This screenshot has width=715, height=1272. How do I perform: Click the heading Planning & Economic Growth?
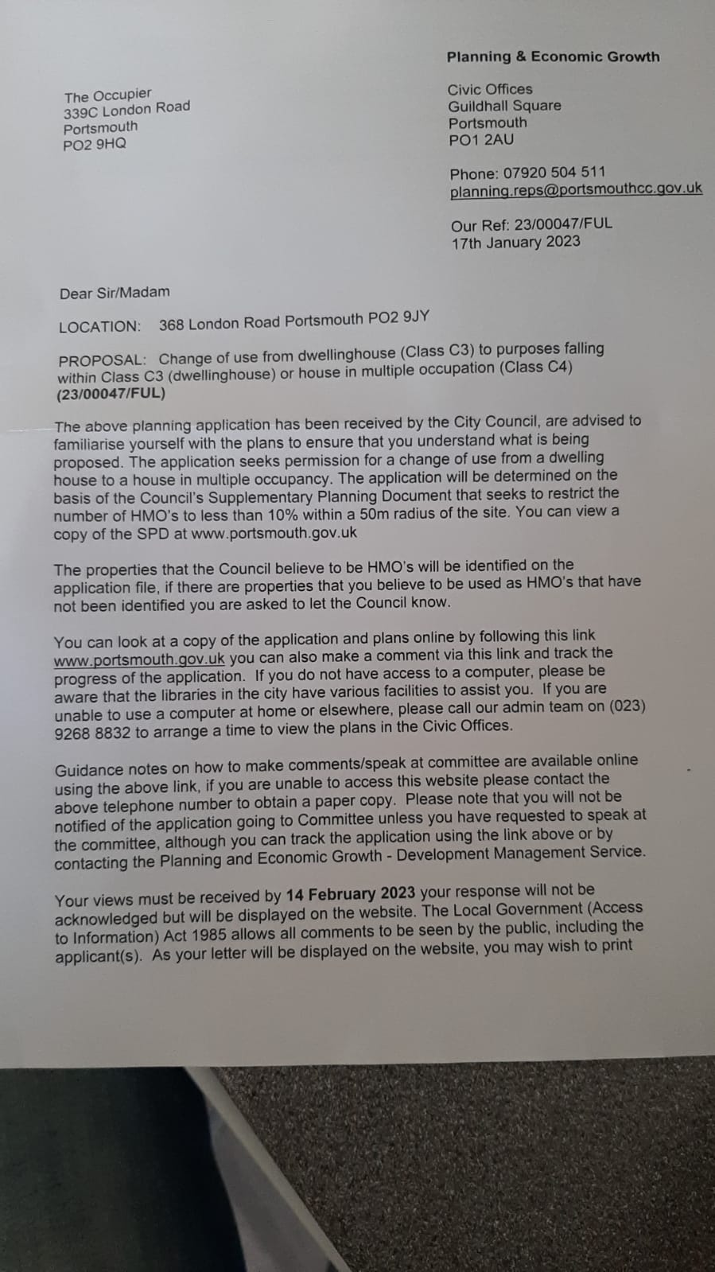(x=553, y=56)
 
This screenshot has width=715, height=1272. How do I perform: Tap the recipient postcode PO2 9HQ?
(x=95, y=145)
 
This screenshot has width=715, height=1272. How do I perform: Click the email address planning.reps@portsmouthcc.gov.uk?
(x=576, y=189)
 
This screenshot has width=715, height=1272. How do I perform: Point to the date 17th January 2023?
(x=515, y=242)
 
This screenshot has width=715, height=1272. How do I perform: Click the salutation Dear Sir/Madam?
(x=115, y=292)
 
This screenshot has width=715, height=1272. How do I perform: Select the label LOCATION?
(x=99, y=326)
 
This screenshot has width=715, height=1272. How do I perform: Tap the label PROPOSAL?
(x=102, y=359)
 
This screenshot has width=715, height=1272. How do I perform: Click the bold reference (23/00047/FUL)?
(x=111, y=394)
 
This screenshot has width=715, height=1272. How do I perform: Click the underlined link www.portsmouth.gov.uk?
(x=140, y=659)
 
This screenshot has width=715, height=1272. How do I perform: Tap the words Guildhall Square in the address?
(x=504, y=106)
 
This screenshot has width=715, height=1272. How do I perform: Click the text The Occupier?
(x=107, y=95)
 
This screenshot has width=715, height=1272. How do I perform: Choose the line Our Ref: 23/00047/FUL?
(x=531, y=224)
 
